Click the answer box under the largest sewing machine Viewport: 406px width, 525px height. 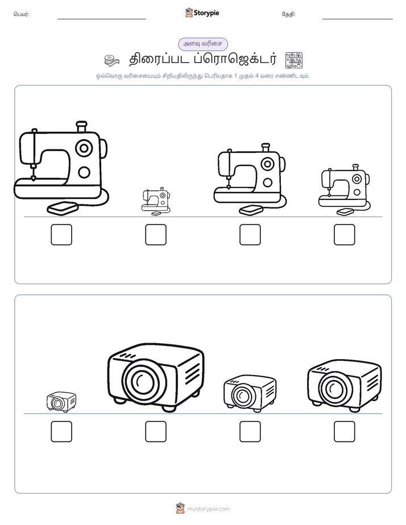pyautogui.click(x=61, y=235)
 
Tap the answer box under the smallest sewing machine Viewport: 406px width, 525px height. pyautogui.click(x=156, y=235)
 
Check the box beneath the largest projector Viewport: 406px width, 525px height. pyautogui.click(x=156, y=432)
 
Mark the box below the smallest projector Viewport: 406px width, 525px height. pyautogui.click(x=61, y=432)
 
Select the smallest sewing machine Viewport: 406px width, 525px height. pyautogui.click(x=156, y=201)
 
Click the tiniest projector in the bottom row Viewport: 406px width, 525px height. pyautogui.click(x=61, y=402)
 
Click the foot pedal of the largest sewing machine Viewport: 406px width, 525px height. pyautogui.click(x=63, y=209)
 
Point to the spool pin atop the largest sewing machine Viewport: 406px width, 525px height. pyautogui.click(x=81, y=127)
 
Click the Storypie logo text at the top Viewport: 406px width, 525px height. pyautogui.click(x=206, y=13)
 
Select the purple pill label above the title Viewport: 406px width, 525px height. pyautogui.click(x=203, y=44)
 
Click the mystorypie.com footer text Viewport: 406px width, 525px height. pyautogui.click(x=208, y=509)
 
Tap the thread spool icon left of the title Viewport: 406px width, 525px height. pyautogui.click(x=111, y=61)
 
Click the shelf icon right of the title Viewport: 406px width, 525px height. pyautogui.click(x=294, y=61)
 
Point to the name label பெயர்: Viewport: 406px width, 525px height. pyautogui.click(x=22, y=14)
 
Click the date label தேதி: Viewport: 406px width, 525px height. pyautogui.click(x=288, y=14)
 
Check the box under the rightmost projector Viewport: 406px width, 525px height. pyautogui.click(x=345, y=432)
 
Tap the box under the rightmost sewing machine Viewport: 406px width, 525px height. pyautogui.click(x=345, y=235)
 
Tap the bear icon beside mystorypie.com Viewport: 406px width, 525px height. pyautogui.click(x=180, y=509)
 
